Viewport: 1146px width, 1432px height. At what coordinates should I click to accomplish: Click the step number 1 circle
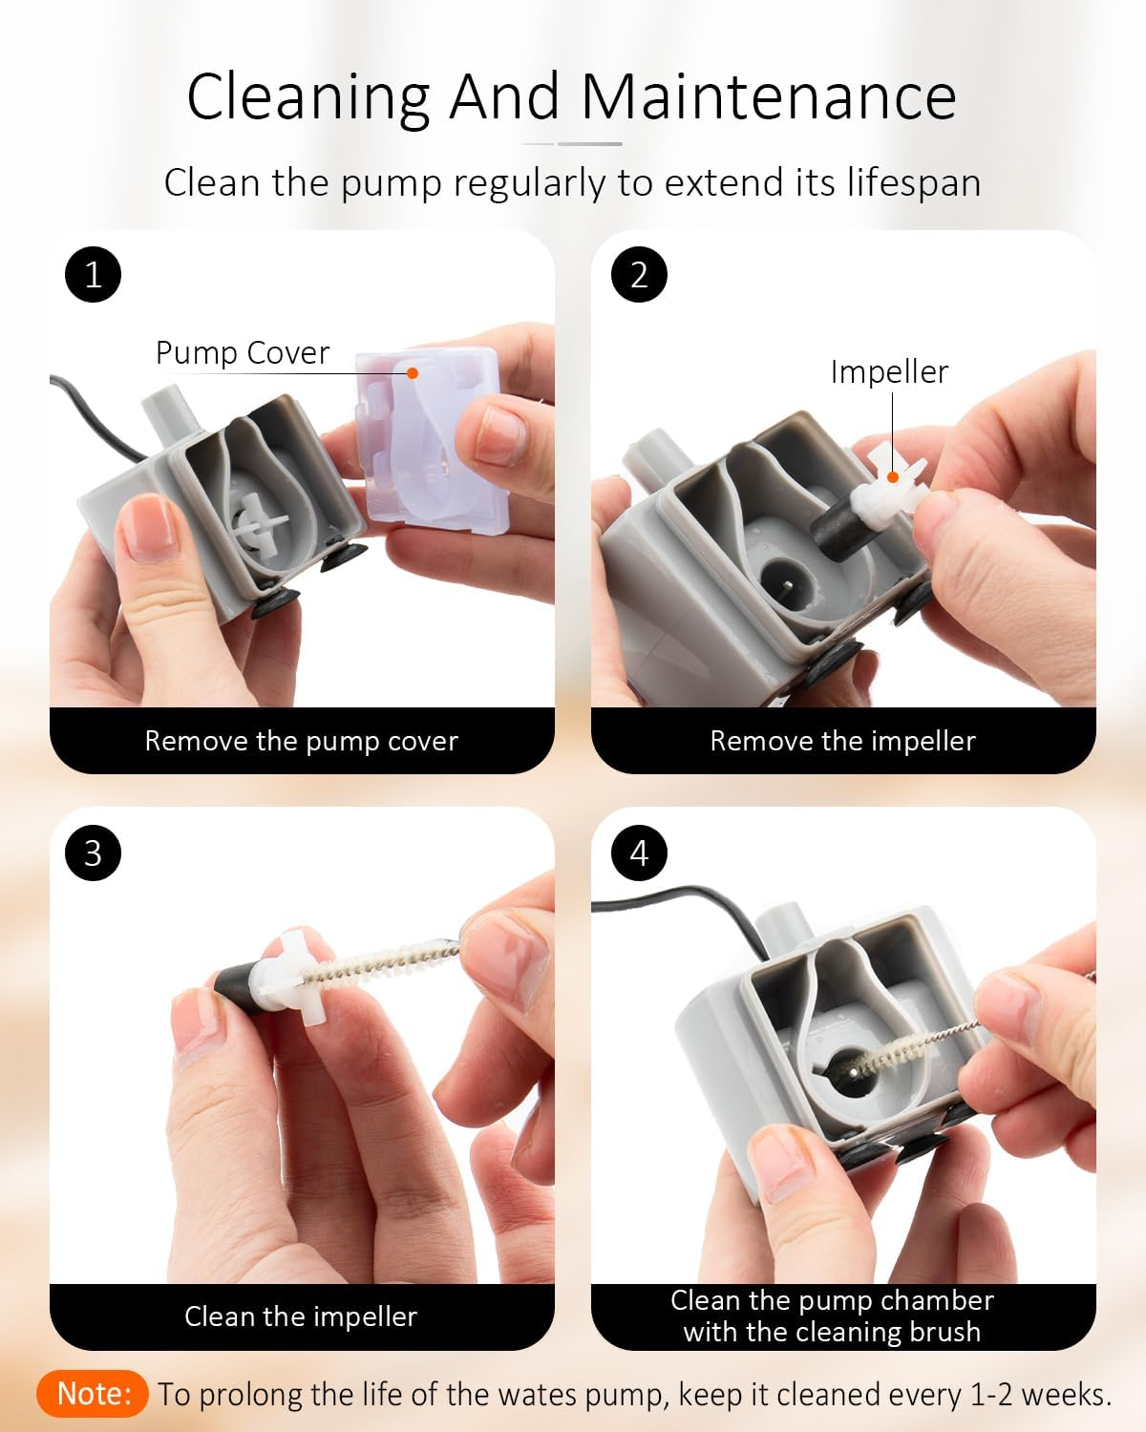pos(94,274)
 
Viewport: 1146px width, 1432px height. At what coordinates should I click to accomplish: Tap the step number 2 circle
pos(639,274)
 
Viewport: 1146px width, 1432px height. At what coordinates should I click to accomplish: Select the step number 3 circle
pos(94,853)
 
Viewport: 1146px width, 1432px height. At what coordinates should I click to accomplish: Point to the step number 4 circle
pos(639,853)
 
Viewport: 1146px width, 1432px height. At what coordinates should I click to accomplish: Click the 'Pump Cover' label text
pos(243,352)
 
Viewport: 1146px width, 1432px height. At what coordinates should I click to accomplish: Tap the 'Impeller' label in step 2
pos(889,372)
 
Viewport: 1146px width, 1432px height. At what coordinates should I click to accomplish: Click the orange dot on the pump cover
pos(413,373)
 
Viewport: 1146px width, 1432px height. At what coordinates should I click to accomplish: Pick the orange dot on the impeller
pos(893,477)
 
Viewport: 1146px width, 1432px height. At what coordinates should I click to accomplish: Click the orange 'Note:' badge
pos(93,1394)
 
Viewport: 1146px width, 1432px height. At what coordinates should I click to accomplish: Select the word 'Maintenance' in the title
pos(769,97)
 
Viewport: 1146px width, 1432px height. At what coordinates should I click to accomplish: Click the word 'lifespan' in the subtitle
pos(914,183)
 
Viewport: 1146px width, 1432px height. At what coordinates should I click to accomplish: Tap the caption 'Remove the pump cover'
pos(302,741)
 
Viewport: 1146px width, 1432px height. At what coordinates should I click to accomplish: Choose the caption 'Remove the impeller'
pos(843,741)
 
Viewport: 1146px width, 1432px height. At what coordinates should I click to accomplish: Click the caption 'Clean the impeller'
pos(301,1316)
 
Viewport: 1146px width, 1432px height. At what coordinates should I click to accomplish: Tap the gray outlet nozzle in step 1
pos(172,413)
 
